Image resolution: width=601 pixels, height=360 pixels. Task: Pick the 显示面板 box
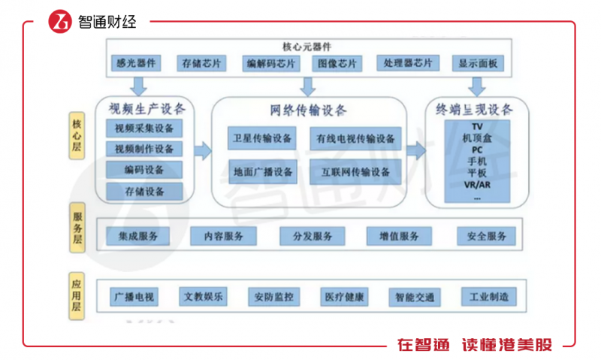479,63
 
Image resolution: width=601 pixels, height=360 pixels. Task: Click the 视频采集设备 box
144,128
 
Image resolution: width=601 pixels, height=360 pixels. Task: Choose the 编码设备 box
144,170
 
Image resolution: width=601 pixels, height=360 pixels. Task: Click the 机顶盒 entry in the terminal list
476,137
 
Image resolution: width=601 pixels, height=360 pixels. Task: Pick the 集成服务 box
138,237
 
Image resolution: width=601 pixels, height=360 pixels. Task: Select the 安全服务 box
487,237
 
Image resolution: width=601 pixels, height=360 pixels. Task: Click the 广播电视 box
134,296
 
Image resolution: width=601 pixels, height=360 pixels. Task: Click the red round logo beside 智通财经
59,22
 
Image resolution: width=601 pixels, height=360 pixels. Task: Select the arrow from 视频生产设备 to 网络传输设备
201,150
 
